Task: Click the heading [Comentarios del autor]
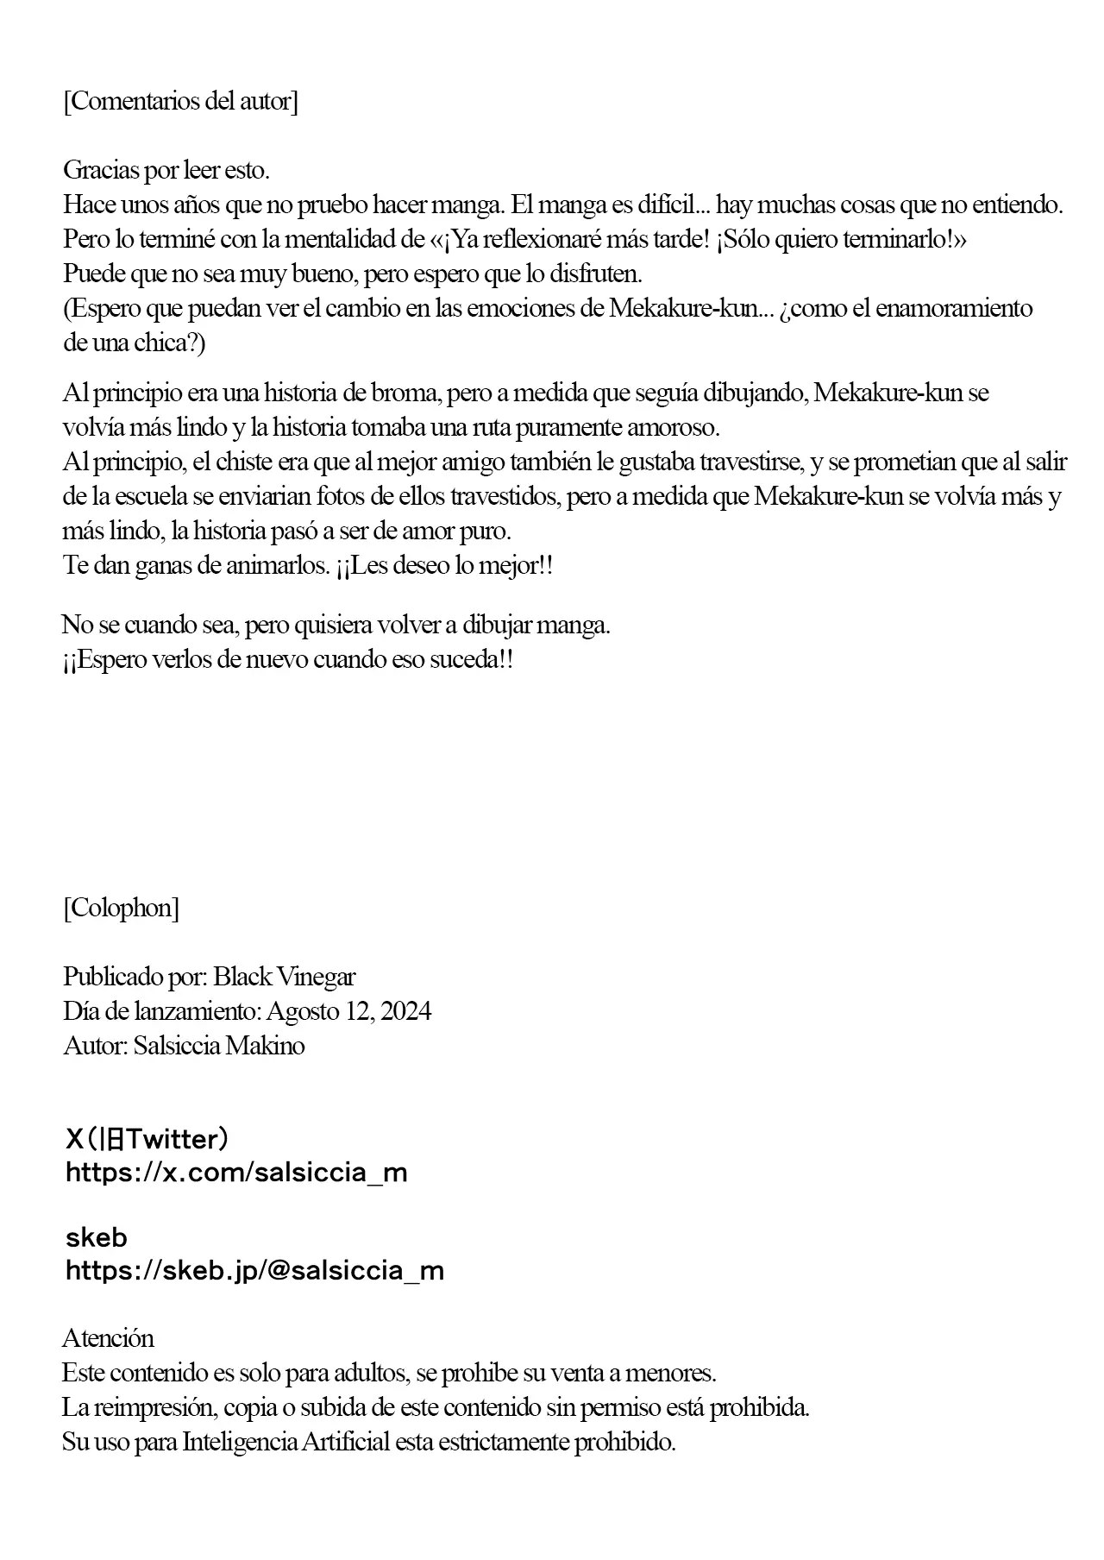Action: (180, 101)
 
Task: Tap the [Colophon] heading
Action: (121, 908)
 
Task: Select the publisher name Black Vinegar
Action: (284, 977)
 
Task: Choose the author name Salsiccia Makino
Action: (219, 1046)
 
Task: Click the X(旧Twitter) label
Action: (147, 1140)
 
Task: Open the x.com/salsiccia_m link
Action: (236, 1173)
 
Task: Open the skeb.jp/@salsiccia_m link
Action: (254, 1270)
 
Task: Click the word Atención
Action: (109, 1338)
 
